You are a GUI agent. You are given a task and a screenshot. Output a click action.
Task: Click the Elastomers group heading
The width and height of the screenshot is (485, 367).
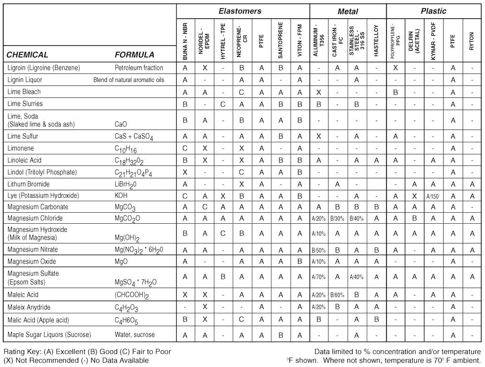(x=240, y=11)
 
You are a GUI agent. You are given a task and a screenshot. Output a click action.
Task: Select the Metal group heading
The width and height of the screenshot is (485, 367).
(x=348, y=11)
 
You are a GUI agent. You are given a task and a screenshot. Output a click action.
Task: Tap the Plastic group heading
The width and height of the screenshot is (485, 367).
(x=433, y=11)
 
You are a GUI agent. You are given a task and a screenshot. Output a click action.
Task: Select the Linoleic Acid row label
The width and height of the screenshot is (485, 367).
(x=27, y=160)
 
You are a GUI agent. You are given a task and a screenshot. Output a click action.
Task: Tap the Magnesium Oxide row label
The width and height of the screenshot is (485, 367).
(x=32, y=262)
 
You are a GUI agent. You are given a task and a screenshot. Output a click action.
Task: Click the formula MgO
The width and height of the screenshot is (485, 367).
(x=122, y=262)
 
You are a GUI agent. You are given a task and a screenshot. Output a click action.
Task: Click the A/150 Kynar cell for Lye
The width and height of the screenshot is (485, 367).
(x=433, y=196)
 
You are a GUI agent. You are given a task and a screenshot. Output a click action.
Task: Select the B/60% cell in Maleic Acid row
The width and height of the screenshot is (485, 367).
(x=338, y=295)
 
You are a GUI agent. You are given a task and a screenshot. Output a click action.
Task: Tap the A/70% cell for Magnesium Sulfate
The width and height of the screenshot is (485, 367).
(x=319, y=276)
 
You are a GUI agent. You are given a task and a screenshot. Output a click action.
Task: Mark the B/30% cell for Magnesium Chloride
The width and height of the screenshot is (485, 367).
(x=338, y=218)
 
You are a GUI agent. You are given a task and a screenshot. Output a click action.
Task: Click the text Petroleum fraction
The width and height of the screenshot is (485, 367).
(x=139, y=68)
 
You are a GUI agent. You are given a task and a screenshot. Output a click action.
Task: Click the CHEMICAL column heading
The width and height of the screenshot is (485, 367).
(x=27, y=55)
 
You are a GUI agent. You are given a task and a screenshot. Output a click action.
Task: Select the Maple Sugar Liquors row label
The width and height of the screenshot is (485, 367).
(x=49, y=334)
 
